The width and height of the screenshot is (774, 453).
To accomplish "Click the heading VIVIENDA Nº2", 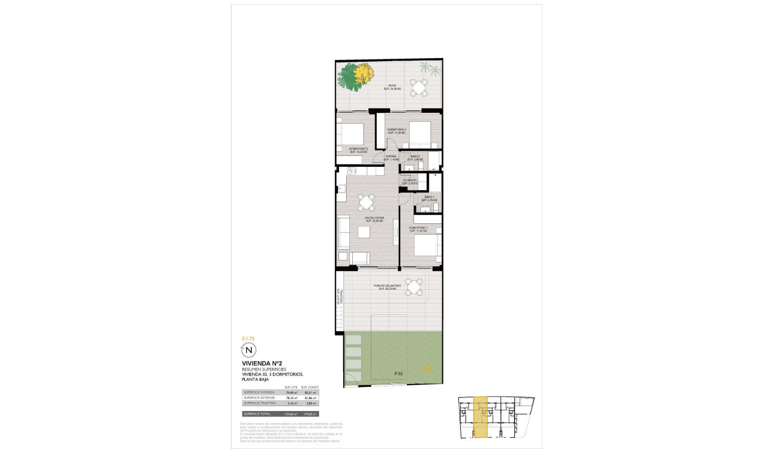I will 262,363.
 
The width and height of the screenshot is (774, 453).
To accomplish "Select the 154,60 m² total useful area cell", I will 292,413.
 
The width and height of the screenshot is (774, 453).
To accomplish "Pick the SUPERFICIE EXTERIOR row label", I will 260,397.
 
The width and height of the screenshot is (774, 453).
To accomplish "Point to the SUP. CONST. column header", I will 310,387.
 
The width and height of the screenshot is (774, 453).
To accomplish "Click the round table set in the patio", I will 419,88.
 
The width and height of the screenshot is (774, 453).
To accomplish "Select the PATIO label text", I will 392,86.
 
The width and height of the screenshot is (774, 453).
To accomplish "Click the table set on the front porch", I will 413,288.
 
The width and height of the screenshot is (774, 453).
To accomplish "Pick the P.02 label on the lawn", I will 398,374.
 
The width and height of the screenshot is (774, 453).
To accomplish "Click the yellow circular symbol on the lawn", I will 427,368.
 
